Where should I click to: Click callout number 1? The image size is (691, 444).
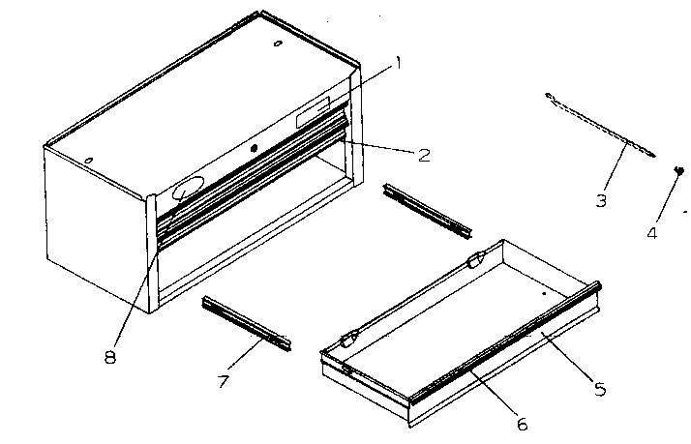point(397,65)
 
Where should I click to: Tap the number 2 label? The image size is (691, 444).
point(424,154)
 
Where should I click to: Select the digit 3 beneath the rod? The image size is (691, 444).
point(601,202)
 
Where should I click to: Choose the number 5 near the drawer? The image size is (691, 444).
point(599,389)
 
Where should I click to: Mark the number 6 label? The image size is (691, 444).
point(523,422)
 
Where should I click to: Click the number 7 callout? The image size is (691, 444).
point(224,381)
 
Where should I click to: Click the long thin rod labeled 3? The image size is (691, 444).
point(600,125)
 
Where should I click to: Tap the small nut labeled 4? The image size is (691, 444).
point(680,170)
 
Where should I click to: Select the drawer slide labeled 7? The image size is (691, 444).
point(246,323)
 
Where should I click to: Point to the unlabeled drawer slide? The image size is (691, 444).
point(427,211)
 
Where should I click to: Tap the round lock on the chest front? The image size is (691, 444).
point(255,148)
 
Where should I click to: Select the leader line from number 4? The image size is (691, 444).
point(666,199)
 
